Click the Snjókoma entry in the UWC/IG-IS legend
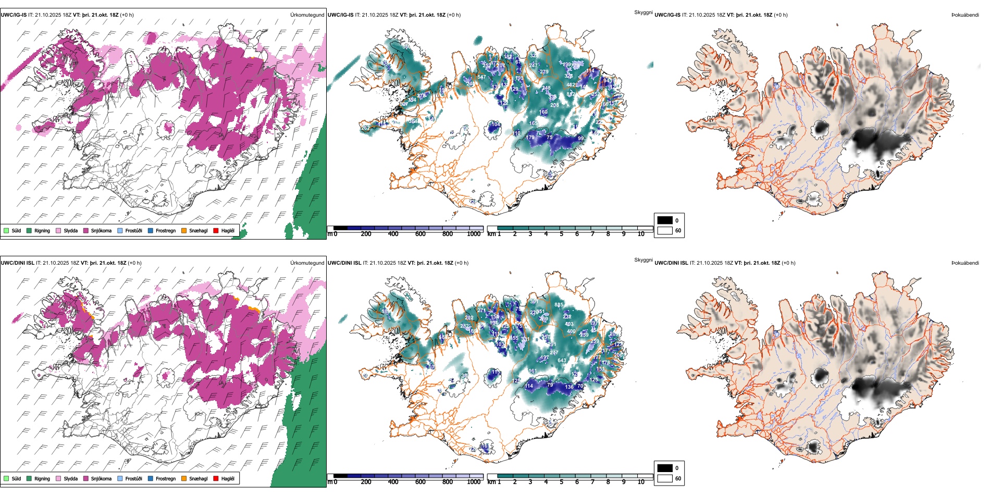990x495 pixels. tap(101, 231)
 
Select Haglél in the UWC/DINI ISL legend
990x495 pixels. tap(227, 479)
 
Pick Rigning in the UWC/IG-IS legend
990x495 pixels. tap(42, 231)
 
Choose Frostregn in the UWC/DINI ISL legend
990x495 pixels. tap(165, 479)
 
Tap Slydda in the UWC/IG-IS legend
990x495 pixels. tap(70, 231)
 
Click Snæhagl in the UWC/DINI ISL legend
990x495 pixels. tap(198, 479)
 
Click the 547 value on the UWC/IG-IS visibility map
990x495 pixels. tap(481, 77)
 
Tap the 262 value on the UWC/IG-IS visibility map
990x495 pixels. tap(365, 128)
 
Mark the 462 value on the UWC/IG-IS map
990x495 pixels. tap(571, 84)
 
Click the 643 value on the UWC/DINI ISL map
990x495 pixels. tap(562, 361)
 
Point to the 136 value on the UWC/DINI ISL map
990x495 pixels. tap(569, 387)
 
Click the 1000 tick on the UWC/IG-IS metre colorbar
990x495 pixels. tap(474, 234)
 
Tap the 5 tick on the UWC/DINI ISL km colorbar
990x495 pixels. tap(561, 482)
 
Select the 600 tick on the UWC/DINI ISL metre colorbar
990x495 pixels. tap(420, 482)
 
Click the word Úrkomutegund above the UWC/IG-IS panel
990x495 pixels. tap(307, 15)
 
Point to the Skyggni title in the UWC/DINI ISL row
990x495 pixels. tap(643, 259)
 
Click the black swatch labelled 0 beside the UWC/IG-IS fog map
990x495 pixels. tap(665, 220)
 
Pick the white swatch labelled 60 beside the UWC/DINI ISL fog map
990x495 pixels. tap(665, 478)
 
